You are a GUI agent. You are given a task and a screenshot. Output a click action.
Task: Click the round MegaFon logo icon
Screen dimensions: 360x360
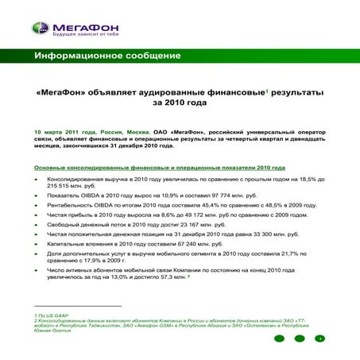pyautogui.click(x=40, y=29)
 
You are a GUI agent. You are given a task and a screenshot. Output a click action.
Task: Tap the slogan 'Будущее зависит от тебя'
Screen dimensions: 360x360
pyautogui.click(x=79, y=37)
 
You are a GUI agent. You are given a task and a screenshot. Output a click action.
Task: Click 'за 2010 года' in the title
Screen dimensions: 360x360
pyautogui.click(x=179, y=103)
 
